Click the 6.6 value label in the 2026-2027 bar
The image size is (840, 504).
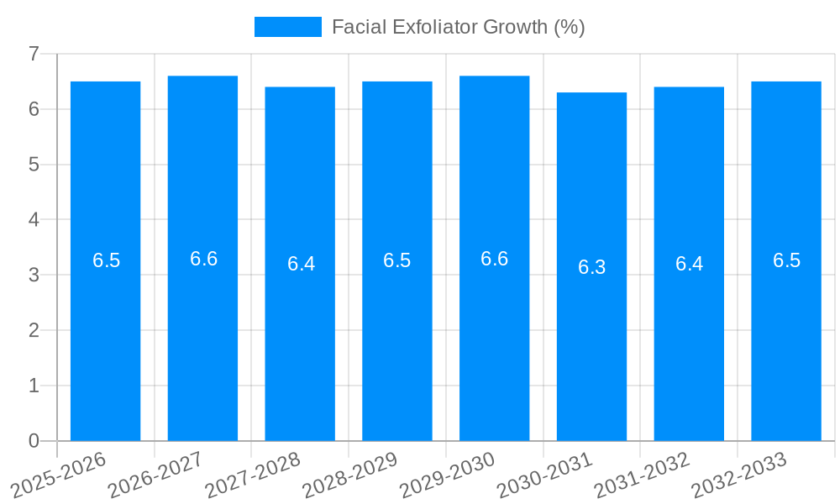[203, 259]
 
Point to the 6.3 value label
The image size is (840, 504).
[591, 267]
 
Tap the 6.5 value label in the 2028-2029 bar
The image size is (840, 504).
[397, 260]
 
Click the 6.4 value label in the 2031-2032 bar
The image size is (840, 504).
[689, 264]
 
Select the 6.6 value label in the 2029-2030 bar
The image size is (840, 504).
[494, 259]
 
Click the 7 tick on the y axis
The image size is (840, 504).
[34, 54]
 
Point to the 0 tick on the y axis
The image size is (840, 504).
[34, 441]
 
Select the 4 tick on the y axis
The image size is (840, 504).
[34, 219]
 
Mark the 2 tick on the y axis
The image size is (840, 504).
[34, 330]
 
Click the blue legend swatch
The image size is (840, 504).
[287, 27]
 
